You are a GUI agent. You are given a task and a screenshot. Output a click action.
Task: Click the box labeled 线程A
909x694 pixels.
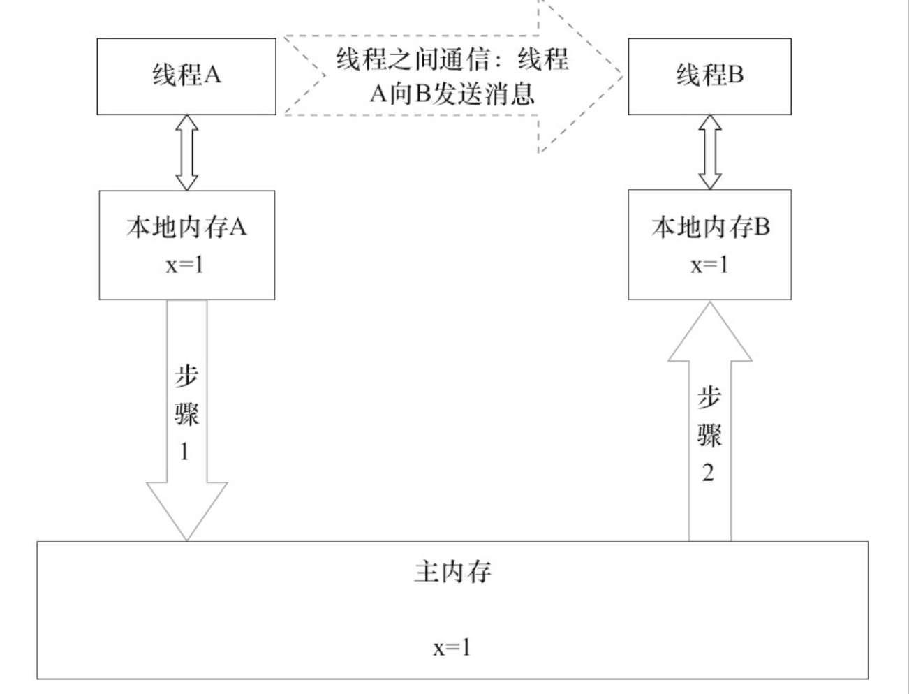tap(186, 76)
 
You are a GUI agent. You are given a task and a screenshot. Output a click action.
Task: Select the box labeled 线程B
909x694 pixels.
tap(709, 76)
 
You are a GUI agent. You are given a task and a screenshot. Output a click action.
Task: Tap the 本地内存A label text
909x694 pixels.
tap(186, 227)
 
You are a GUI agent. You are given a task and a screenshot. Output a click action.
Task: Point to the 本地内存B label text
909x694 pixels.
tap(710, 227)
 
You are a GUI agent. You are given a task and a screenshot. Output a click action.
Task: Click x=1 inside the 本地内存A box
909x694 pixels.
tap(185, 265)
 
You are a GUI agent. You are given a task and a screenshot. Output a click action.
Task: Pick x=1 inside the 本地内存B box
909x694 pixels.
tap(709, 265)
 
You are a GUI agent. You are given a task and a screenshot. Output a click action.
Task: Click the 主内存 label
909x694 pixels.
tap(452, 572)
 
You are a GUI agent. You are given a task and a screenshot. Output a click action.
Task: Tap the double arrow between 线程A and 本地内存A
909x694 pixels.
tap(186, 152)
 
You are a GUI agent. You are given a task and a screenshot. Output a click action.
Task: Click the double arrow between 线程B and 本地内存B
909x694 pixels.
tap(710, 152)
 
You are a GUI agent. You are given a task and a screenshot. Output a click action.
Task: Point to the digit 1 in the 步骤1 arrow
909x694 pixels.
tap(185, 452)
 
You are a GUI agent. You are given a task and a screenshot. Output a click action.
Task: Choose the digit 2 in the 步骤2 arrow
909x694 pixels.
tap(708, 473)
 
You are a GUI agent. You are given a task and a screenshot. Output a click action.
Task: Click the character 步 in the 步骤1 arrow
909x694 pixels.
tap(186, 377)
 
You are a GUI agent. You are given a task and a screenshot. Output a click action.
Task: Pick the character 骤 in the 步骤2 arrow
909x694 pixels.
tap(709, 435)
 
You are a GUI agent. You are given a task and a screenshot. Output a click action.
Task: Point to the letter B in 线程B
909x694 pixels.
tap(736, 75)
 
